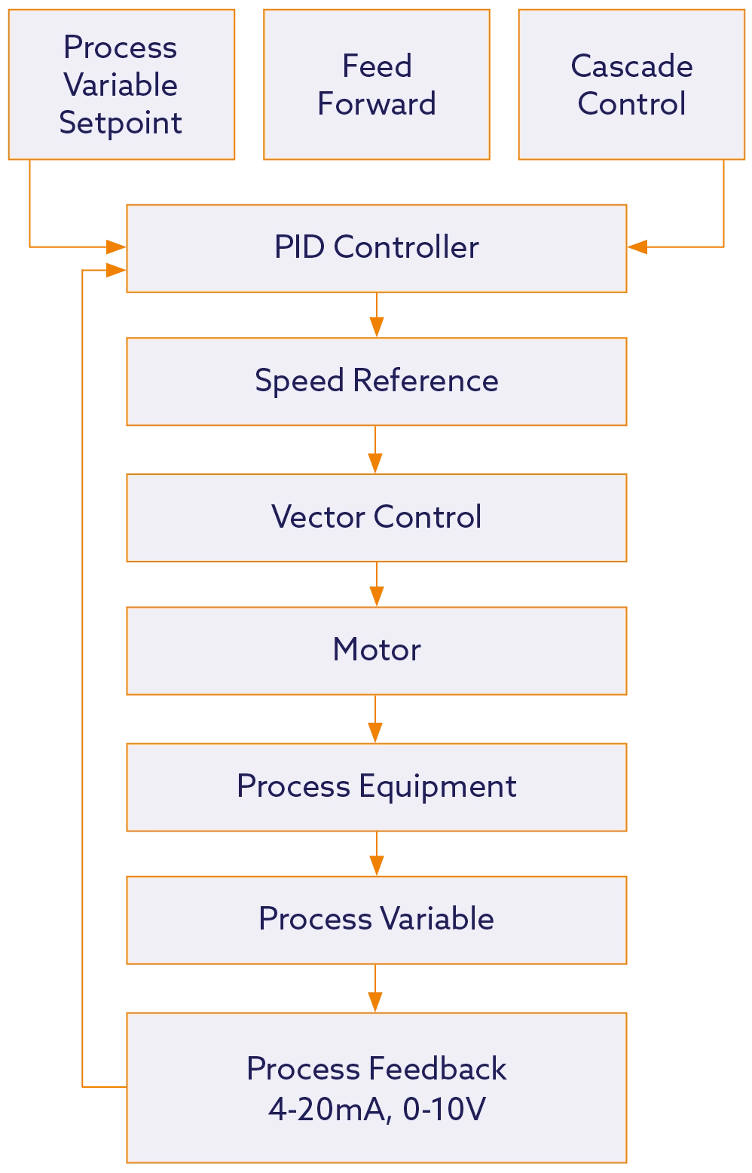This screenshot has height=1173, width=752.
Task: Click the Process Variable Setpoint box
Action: (121, 84)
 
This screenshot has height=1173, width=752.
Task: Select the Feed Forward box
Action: (376, 84)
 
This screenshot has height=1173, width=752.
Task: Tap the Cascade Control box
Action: (631, 84)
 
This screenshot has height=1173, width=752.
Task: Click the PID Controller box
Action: (376, 247)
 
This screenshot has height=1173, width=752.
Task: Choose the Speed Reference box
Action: (376, 381)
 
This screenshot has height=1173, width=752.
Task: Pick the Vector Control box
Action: (376, 517)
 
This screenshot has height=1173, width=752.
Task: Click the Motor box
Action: (376, 650)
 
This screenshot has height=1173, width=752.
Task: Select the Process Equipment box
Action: (376, 786)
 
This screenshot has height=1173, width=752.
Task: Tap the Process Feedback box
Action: (376, 1087)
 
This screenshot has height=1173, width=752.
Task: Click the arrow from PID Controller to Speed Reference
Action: (376, 315)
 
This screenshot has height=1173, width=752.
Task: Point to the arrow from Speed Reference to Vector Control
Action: (376, 451)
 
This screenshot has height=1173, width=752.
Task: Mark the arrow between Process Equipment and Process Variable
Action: (376, 854)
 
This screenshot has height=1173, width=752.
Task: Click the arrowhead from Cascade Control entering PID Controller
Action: (639, 247)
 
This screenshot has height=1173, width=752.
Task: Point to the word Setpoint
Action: (121, 123)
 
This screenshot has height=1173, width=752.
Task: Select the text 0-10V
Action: (445, 1109)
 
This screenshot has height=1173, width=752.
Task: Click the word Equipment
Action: (437, 787)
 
